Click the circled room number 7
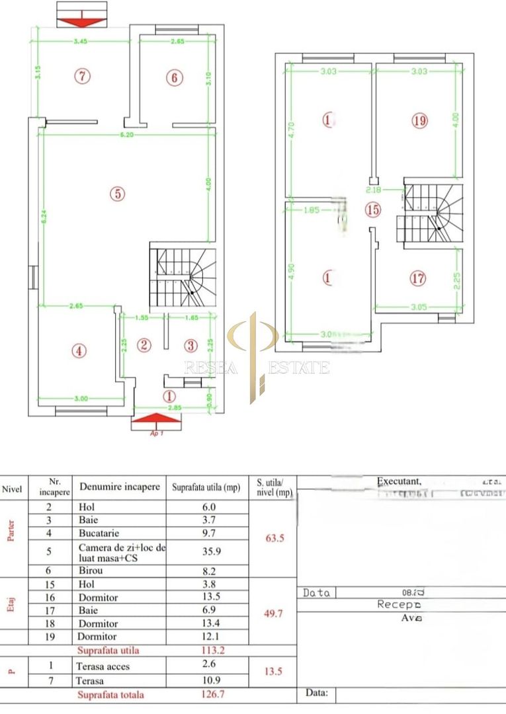point(81,76)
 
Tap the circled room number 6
point(174,78)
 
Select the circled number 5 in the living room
point(116,194)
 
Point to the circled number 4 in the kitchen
point(79,351)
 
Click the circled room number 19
point(419,121)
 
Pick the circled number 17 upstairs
point(418,278)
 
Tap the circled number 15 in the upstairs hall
point(374,210)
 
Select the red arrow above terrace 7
point(81,21)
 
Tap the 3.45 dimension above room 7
point(81,41)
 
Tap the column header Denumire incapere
point(120,487)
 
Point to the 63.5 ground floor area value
point(273,537)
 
